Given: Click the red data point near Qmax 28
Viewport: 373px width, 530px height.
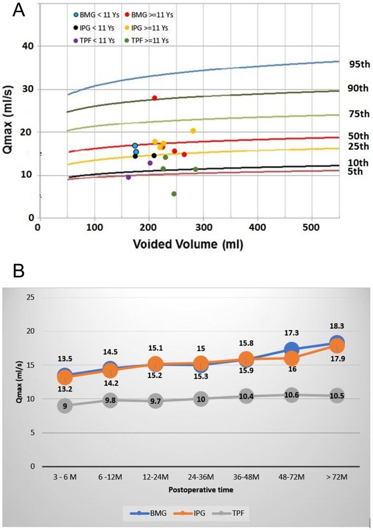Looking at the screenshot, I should coord(155,98).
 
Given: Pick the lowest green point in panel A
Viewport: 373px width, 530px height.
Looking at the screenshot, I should coord(174,194).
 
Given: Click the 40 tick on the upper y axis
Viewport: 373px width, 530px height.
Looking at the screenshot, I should coord(26,46).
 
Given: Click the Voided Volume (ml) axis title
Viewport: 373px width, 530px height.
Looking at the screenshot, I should coord(188,244).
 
